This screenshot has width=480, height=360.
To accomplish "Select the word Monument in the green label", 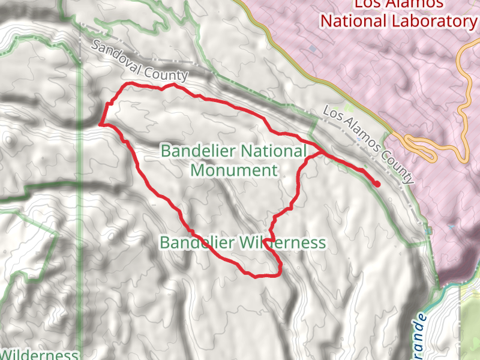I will tap(234, 170).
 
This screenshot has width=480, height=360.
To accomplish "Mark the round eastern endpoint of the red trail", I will tap(377, 184).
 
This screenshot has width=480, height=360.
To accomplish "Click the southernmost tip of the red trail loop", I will tap(255, 277).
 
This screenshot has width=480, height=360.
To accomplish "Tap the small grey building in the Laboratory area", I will tap(312, 48).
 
